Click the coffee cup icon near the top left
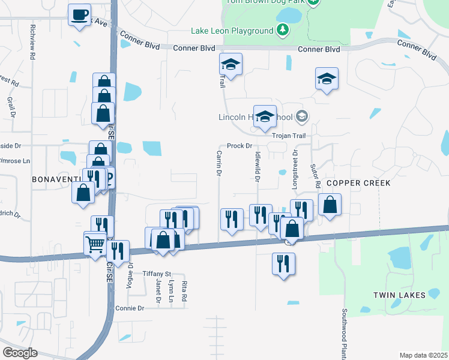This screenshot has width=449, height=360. pos(79,14)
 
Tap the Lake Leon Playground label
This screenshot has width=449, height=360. pos(232,31)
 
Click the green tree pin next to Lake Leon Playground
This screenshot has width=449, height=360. pos(283,30)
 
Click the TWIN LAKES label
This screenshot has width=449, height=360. pos(399,295)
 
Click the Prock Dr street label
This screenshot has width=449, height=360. pos(239,146)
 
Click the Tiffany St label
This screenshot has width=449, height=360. pos(157,274)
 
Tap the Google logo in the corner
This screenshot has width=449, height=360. pos(20,353)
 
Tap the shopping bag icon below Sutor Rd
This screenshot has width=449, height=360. pos(330,204)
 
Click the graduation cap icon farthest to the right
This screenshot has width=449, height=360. pos(327,78)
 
